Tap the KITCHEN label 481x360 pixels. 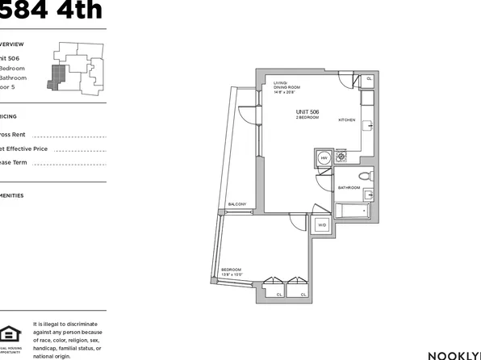tap(346, 119)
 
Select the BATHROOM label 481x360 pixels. tap(349, 187)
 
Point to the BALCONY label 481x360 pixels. tap(237, 204)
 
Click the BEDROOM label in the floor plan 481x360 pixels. tap(231, 270)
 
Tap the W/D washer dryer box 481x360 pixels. tap(321, 224)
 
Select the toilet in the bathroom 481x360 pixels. tap(364, 175)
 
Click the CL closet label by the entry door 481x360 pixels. tap(368, 79)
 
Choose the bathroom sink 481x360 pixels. tap(368, 194)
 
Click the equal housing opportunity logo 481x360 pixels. tap(10, 335)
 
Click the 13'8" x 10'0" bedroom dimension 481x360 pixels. tap(232, 275)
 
